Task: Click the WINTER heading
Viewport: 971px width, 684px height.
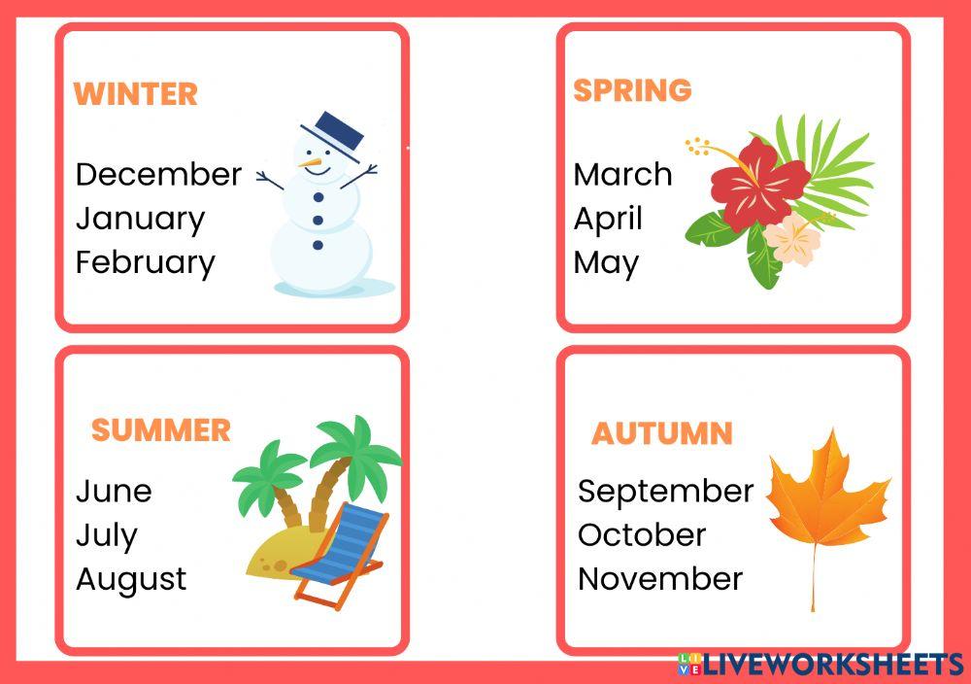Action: click(x=136, y=94)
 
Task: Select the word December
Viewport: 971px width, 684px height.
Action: click(x=158, y=174)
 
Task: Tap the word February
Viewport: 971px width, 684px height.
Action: click(x=146, y=262)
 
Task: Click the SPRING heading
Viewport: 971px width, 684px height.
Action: click(x=632, y=90)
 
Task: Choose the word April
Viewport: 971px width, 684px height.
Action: click(x=608, y=219)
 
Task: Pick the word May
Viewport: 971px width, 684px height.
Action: click(x=606, y=263)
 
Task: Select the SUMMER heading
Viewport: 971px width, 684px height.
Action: click(x=161, y=430)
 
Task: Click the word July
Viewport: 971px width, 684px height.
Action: click(x=107, y=535)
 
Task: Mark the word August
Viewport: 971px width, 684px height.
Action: click(x=131, y=579)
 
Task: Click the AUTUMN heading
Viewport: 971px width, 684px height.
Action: click(x=662, y=434)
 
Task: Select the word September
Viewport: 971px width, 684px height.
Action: click(x=665, y=492)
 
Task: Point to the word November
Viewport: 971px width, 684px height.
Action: click(x=660, y=579)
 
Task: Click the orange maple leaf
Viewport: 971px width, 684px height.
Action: click(x=825, y=496)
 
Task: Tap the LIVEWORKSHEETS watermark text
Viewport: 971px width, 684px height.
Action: click(x=830, y=665)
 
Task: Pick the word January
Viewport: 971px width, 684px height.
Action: click(x=141, y=219)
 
